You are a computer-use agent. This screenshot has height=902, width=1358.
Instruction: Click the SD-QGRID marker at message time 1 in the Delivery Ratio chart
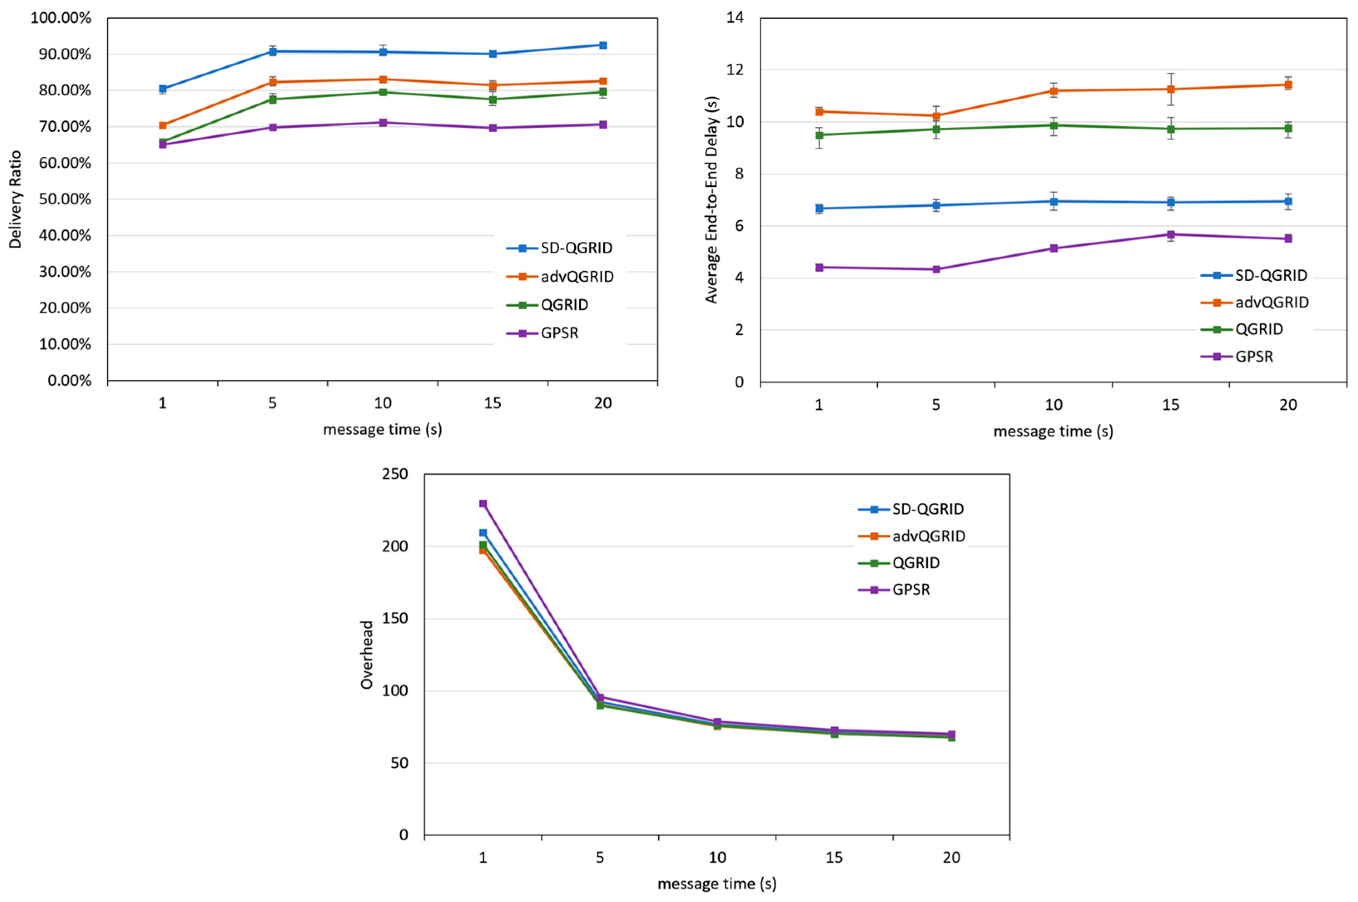coord(163,89)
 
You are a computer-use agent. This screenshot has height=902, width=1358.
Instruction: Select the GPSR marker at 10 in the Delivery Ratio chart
coord(382,123)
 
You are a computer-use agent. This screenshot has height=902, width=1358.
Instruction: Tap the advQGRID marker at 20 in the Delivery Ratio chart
coord(603,81)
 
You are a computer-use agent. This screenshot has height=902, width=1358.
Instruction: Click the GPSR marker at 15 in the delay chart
coord(1170,235)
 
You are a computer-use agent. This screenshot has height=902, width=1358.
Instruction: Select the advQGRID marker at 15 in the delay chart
coord(1170,89)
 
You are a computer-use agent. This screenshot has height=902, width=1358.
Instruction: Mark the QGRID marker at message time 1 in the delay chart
coord(819,135)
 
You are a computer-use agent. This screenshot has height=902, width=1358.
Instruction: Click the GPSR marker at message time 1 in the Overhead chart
coord(483,503)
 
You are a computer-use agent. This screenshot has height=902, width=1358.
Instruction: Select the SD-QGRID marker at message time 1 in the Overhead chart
coord(483,533)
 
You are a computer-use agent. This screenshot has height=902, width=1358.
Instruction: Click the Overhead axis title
coord(367,654)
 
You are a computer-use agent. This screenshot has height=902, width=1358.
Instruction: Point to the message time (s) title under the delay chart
coord(1053,431)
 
